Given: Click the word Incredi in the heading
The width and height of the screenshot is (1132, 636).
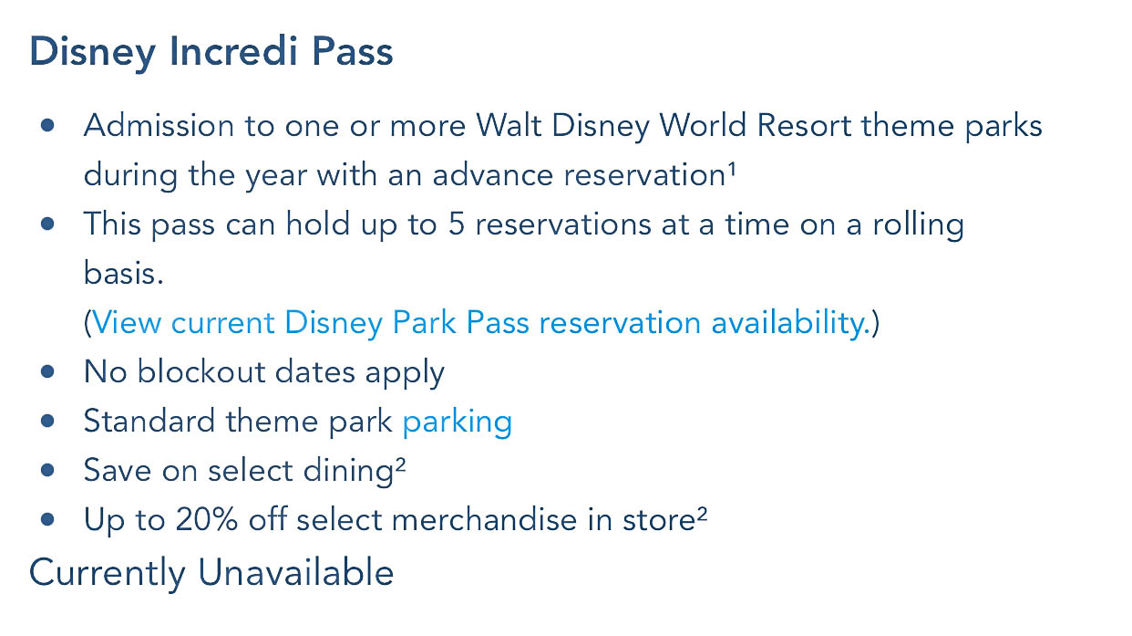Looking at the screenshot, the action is click(x=233, y=50).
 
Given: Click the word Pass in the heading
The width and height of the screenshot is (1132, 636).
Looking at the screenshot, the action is click(x=352, y=50).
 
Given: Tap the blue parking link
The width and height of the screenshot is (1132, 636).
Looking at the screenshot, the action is click(x=458, y=422).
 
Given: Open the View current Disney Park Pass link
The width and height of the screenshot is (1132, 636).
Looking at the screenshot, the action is click(x=481, y=322).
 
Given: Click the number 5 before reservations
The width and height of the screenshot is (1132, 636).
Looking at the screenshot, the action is click(x=456, y=224).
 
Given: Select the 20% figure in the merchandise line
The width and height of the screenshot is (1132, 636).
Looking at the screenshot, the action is click(x=206, y=519).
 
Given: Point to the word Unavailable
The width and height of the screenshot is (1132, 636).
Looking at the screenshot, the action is click(x=295, y=573).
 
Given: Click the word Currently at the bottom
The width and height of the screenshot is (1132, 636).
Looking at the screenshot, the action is click(x=108, y=573).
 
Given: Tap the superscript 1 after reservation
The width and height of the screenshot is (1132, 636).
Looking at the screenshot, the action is click(x=732, y=169).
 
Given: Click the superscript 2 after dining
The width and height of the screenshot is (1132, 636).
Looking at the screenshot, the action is click(x=400, y=464).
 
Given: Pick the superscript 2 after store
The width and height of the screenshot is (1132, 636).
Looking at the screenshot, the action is click(x=702, y=514).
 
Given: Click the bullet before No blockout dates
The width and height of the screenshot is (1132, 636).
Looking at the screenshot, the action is click(x=47, y=372).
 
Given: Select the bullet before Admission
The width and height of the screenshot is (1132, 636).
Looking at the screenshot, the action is click(x=47, y=126).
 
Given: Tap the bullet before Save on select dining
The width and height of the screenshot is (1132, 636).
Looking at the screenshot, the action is click(x=47, y=471).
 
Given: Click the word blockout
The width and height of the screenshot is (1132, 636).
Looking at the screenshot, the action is click(x=201, y=372).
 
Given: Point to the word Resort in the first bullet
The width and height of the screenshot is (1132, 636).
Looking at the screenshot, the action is click(x=804, y=126).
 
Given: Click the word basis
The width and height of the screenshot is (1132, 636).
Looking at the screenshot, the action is click(x=123, y=273).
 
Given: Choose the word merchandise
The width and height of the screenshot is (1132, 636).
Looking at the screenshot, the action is click(x=484, y=519).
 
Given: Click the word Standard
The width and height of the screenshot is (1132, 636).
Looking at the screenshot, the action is click(x=149, y=421).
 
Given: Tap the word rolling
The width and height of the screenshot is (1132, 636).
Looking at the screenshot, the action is click(x=918, y=225).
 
